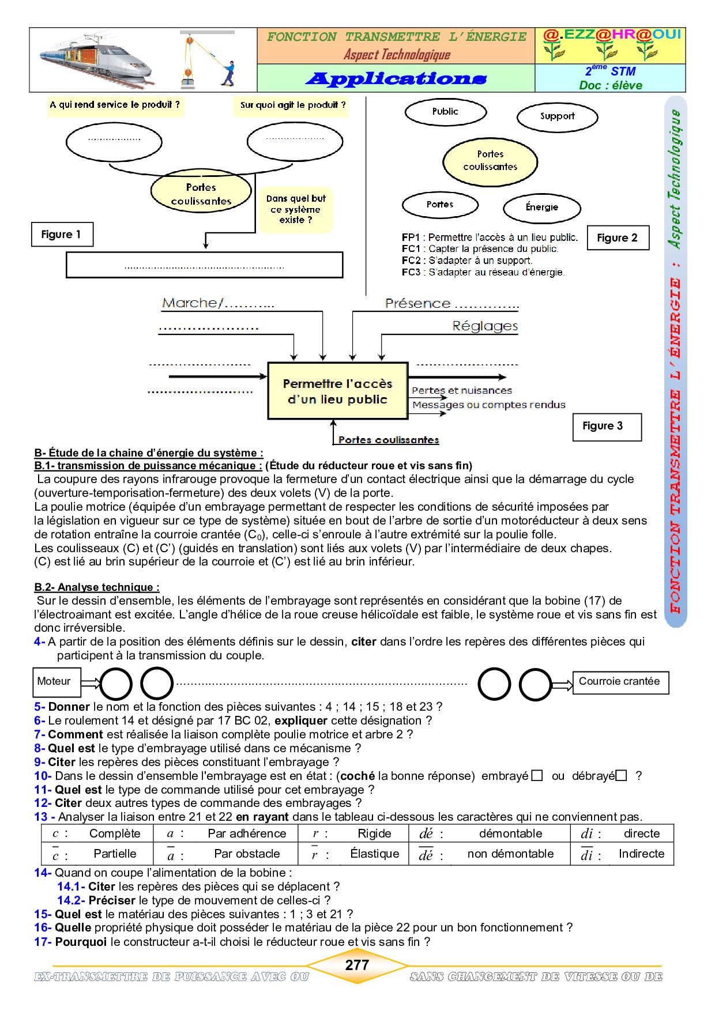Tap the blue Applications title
point(396,78)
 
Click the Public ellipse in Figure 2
point(445,112)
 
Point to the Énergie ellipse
point(541,208)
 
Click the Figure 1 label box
point(62,235)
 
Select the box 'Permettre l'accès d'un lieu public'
point(337,391)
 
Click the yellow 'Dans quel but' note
point(296,209)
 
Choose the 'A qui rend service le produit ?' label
point(115,105)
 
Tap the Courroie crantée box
point(620,681)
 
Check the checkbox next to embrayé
point(537,776)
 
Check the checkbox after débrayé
point(621,776)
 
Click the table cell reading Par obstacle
point(247,854)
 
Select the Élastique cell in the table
point(374,854)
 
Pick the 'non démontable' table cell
point(510,854)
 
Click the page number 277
point(357,965)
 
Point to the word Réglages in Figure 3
point(485,326)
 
